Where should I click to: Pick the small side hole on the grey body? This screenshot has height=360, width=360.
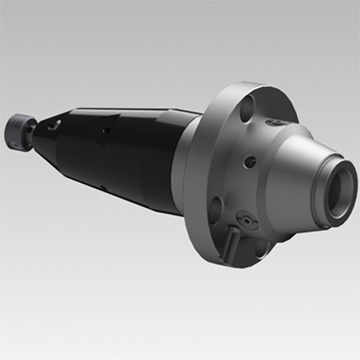(249, 162)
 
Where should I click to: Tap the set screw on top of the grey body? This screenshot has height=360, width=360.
(280, 123)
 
